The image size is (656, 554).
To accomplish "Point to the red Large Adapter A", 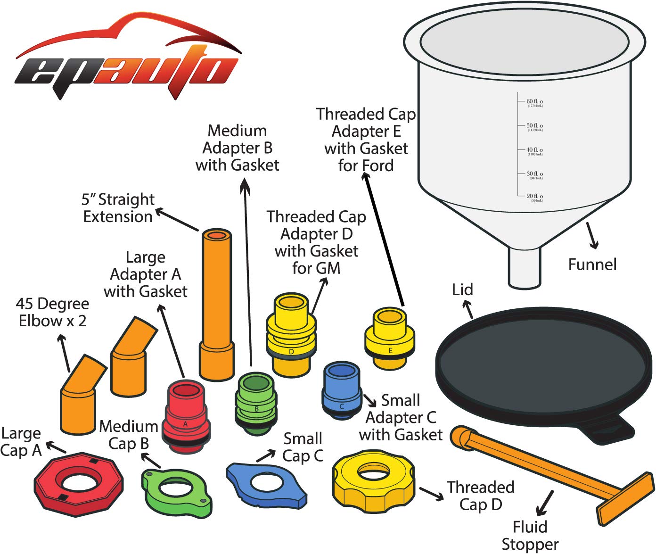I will [186, 417].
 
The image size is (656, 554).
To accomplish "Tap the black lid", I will [542, 372].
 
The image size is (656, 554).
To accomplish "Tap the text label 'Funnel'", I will [592, 265].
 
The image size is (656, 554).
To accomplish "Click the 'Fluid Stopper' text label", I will [530, 536].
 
